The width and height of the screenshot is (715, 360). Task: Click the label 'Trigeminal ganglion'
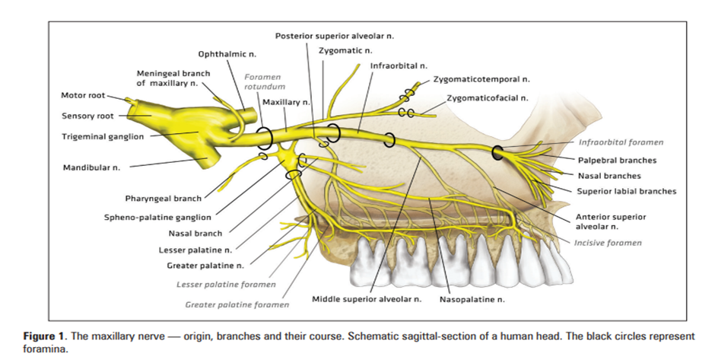pyautogui.click(x=103, y=136)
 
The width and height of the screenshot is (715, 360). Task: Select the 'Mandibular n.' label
pyautogui.click(x=91, y=167)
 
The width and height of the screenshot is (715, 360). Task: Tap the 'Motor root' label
pyautogui.click(x=83, y=95)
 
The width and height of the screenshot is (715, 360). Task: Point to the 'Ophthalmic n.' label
pyautogui.click(x=227, y=54)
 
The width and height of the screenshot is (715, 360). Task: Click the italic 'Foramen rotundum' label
pyautogui.click(x=265, y=81)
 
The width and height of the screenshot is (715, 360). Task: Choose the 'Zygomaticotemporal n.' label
pyautogui.click(x=481, y=79)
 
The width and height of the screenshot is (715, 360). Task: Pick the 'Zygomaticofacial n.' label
pyautogui.click(x=488, y=98)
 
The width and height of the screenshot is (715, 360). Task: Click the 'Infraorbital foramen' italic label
pyautogui.click(x=621, y=142)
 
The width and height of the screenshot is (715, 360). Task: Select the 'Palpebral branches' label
pyautogui.click(x=618, y=160)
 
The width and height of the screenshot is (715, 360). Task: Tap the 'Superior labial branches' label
pyautogui.click(x=627, y=191)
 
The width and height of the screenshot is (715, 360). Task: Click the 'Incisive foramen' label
pyautogui.click(x=608, y=243)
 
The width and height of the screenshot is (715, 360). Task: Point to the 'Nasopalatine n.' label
pyautogui.click(x=472, y=300)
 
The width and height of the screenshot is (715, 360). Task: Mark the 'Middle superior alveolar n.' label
pyautogui.click(x=367, y=299)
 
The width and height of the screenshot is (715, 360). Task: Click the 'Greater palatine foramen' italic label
pyautogui.click(x=237, y=304)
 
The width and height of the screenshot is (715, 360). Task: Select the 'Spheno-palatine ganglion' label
pyautogui.click(x=157, y=218)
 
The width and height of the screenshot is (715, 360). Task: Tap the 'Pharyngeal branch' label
pyautogui.click(x=164, y=199)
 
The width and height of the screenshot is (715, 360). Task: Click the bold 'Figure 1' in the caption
pyautogui.click(x=44, y=336)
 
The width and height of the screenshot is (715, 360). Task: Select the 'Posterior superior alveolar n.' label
pyautogui.click(x=334, y=36)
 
